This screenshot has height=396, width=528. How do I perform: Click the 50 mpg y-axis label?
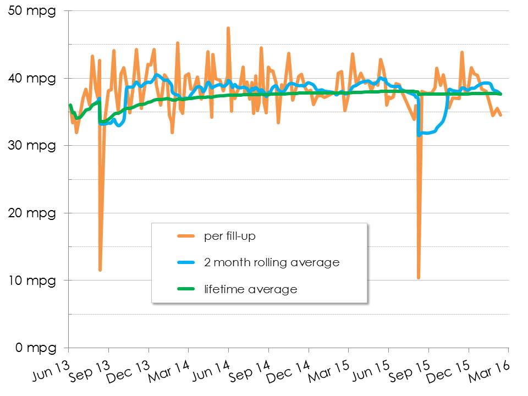[33, 11]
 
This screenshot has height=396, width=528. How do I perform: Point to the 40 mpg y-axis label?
[33, 78]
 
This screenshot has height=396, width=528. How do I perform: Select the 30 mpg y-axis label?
[33, 146]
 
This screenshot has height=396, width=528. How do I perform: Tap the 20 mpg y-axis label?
[33, 213]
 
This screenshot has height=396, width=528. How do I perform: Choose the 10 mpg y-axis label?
[33, 280]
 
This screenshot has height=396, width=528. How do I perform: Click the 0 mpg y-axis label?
[36, 348]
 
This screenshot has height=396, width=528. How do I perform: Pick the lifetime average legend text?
[250, 289]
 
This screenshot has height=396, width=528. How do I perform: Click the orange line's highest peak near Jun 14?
[228, 28]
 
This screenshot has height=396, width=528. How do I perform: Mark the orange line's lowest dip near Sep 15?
[419, 277]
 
